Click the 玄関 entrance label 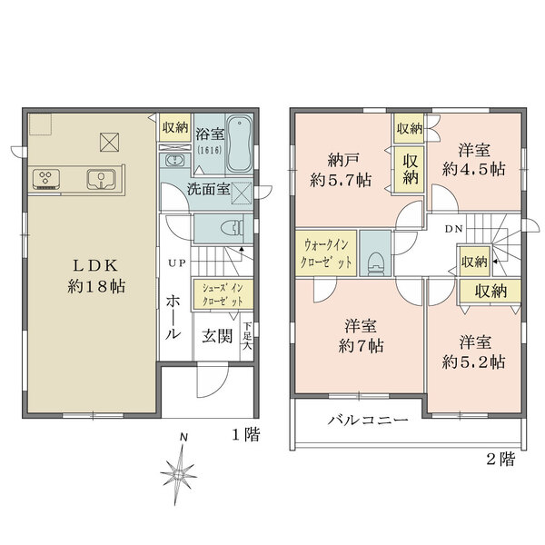pos(216,334)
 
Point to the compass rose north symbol pos(181,471)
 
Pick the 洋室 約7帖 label pos(362,335)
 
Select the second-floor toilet pos(373,257)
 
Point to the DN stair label pos(452,228)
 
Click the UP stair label pos(176,264)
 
